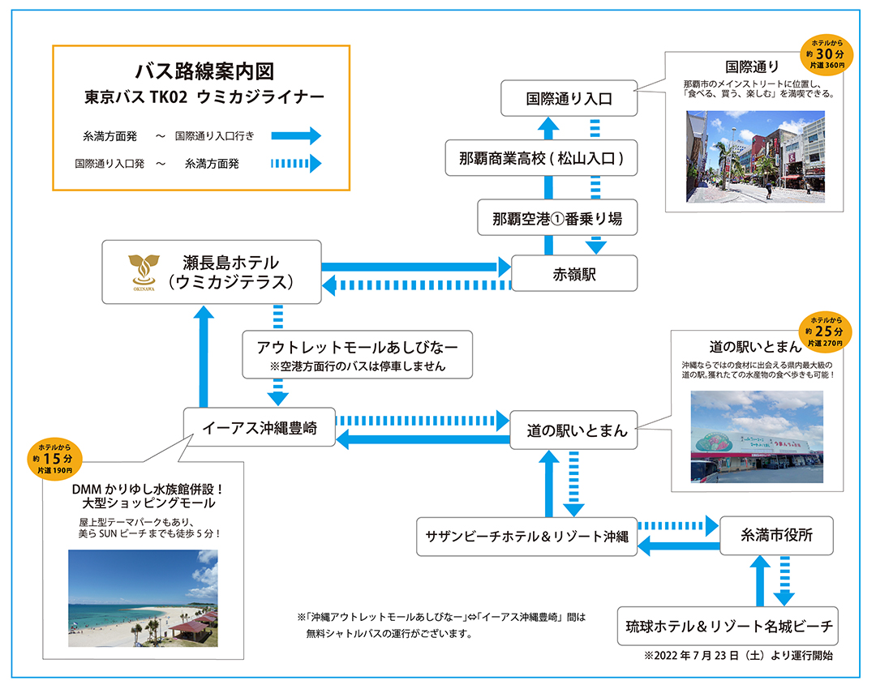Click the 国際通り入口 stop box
pos(569,99)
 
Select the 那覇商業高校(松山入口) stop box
pos(542,158)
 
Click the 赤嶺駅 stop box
pos(574,274)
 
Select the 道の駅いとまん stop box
pos(573,430)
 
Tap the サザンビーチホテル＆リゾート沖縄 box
pos(527,537)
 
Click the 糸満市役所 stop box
pos(776,535)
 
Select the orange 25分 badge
pos(824,332)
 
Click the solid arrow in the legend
pos(296,136)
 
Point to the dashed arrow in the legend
pos(296,164)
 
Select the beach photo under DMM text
pos(143,598)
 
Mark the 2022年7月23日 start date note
pos(738,655)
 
